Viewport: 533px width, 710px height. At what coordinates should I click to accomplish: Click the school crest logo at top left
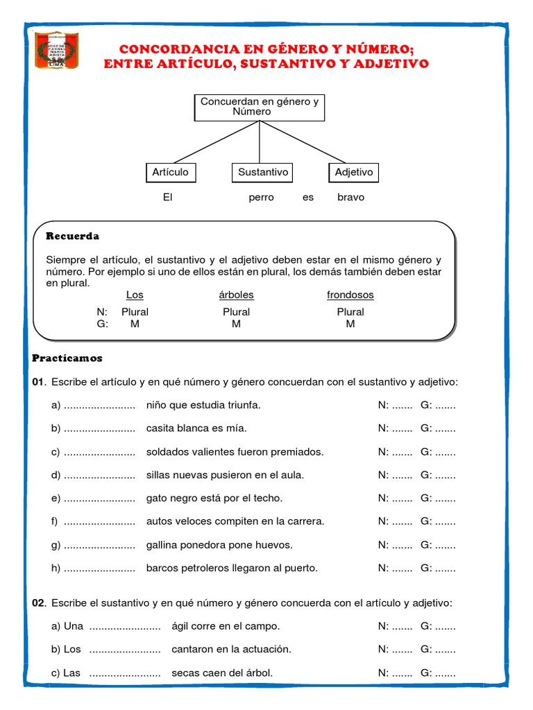57,50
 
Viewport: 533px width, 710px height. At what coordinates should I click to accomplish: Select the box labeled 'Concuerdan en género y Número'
259,107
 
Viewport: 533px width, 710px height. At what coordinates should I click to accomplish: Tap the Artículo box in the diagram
170,172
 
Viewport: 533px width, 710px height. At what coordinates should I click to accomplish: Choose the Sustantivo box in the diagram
262,172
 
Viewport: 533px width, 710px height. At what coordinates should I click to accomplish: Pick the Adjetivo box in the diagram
353,172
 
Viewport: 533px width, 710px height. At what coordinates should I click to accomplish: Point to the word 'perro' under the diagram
262,197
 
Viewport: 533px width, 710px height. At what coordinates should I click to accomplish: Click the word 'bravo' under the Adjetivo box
350,197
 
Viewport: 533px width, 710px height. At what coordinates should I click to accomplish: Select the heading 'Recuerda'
72,236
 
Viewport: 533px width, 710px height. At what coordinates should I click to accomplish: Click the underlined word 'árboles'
236,295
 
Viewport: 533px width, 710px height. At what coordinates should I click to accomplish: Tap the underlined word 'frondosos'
350,295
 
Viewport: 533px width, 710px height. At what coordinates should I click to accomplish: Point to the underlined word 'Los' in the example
135,295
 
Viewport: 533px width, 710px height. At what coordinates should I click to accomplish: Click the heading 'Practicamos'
67,358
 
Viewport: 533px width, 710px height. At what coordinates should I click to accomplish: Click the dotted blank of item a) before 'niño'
99,406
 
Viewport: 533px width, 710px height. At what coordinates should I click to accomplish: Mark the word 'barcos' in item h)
162,568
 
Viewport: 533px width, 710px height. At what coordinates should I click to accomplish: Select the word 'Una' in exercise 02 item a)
74,626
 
